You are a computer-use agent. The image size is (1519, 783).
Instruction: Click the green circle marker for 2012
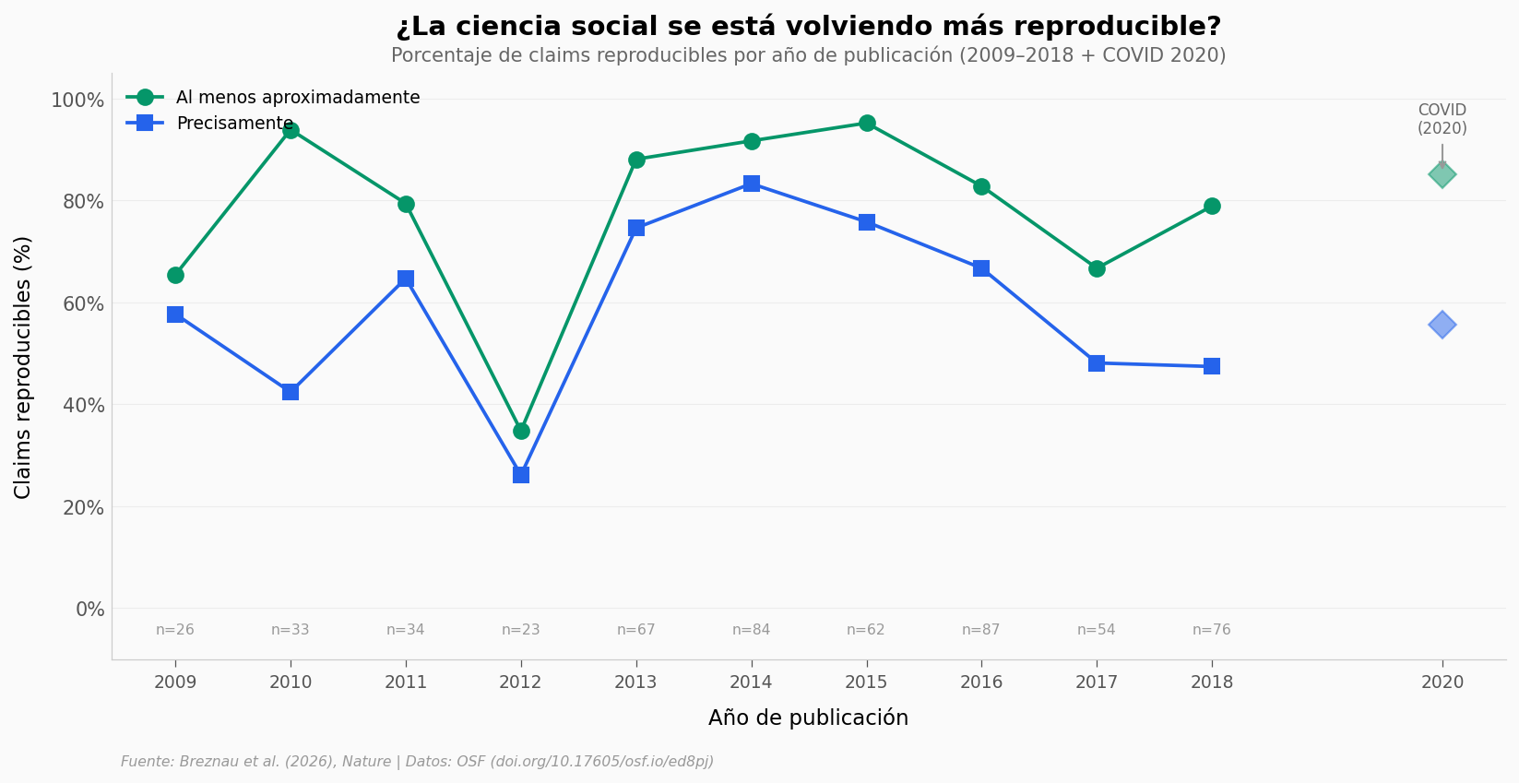pyautogui.click(x=521, y=431)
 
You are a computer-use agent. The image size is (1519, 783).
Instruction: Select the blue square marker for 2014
pyautogui.click(x=752, y=184)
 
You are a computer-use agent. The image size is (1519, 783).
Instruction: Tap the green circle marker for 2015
pyautogui.click(x=867, y=124)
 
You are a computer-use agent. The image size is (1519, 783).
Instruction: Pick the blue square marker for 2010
pyautogui.click(x=291, y=392)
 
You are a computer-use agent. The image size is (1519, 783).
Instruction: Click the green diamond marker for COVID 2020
pyautogui.click(x=1442, y=174)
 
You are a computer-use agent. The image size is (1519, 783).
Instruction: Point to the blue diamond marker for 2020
pyautogui.click(x=1442, y=325)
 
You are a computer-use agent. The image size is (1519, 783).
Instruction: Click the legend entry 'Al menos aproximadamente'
pyautogui.click(x=297, y=98)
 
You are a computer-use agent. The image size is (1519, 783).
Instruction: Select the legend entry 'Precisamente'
pyautogui.click(x=234, y=124)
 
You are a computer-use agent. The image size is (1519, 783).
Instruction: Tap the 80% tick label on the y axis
pyautogui.click(x=77, y=202)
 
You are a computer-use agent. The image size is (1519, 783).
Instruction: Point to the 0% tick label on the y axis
pyautogui.click(x=89, y=610)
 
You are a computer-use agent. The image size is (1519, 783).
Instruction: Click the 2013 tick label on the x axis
pyautogui.click(x=636, y=682)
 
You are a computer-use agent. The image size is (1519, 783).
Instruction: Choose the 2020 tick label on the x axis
pyautogui.click(x=1442, y=682)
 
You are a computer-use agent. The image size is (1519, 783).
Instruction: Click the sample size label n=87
pyautogui.click(x=981, y=630)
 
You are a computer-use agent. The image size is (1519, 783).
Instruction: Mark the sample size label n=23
pyautogui.click(x=521, y=630)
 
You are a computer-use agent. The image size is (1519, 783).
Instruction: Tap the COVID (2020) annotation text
pyautogui.click(x=1442, y=120)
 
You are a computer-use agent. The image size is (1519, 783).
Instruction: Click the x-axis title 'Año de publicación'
pyautogui.click(x=808, y=718)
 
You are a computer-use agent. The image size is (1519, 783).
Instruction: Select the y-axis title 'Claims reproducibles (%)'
pyautogui.click(x=23, y=367)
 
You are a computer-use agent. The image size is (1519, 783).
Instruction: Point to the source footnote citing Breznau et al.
pyautogui.click(x=417, y=762)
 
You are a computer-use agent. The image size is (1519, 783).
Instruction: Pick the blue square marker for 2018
pyautogui.click(x=1212, y=366)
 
